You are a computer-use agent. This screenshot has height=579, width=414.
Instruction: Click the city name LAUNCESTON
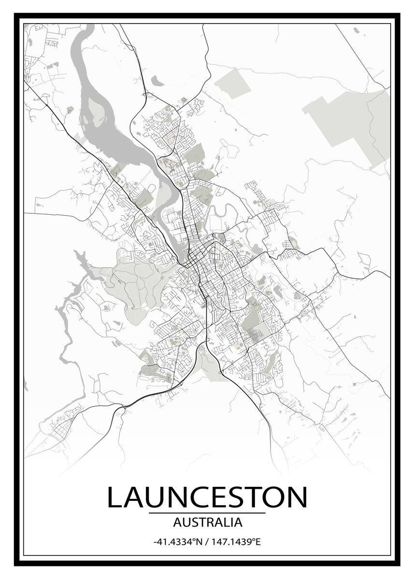207,497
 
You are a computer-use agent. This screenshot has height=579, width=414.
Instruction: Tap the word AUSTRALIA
207,522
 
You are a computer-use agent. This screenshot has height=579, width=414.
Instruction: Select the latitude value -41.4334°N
176,542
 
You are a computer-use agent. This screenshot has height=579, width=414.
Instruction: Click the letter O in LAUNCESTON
271,497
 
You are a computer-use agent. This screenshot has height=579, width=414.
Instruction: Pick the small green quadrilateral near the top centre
232,83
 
